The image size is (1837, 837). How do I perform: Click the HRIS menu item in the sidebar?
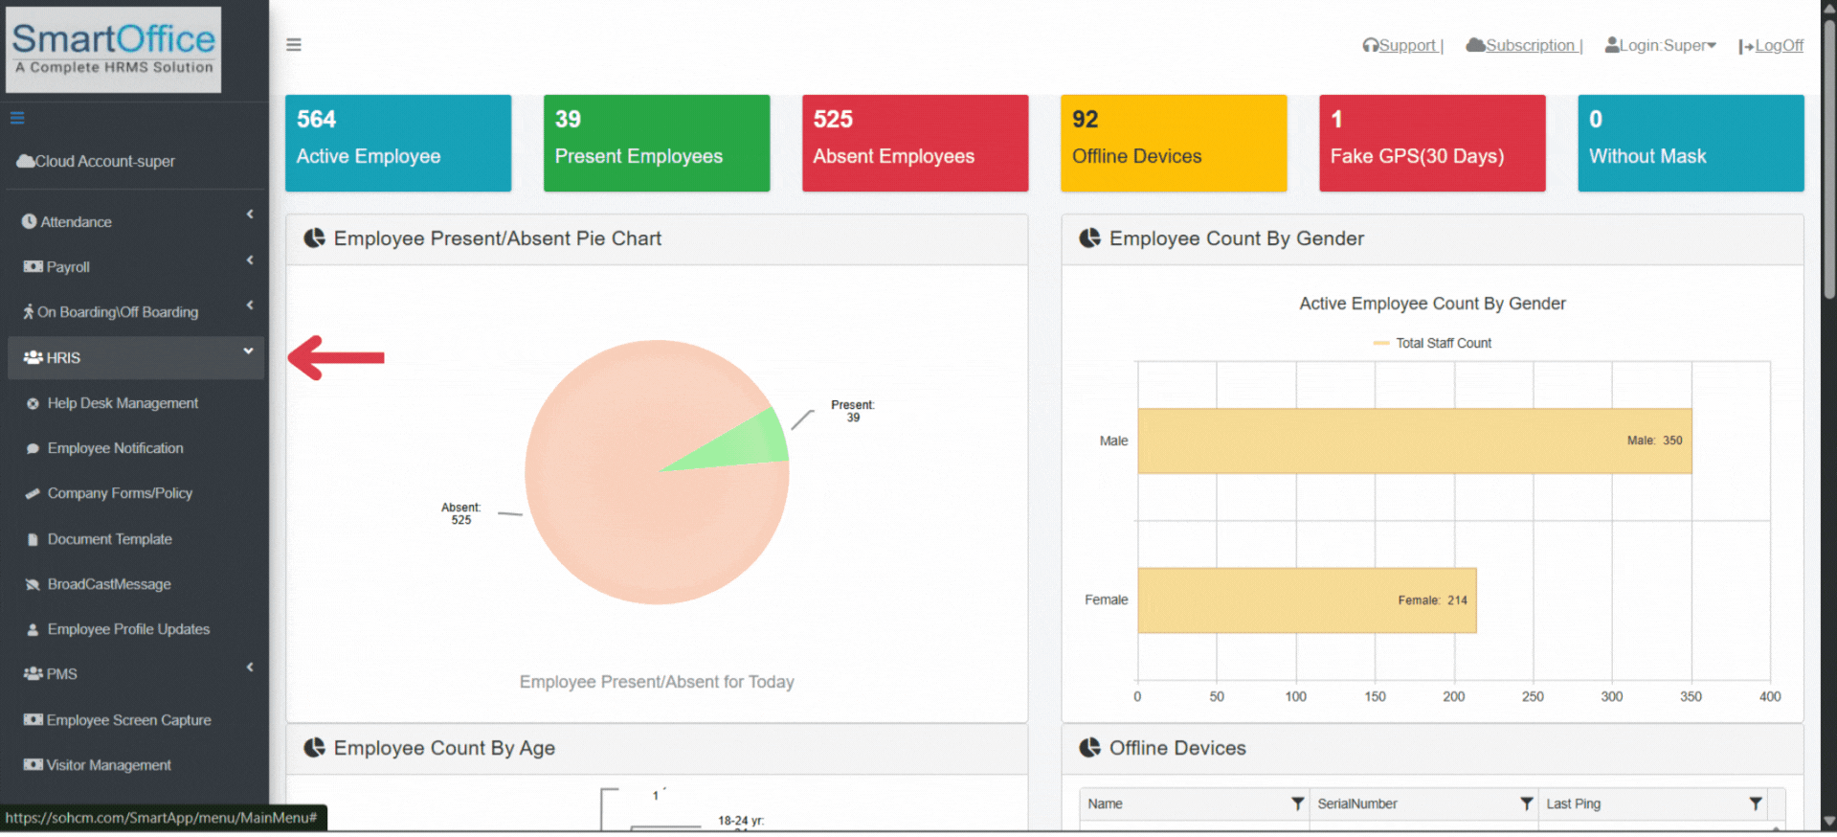click(63, 358)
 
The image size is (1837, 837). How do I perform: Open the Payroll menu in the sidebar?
click(68, 267)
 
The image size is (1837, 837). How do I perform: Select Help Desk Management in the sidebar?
click(123, 403)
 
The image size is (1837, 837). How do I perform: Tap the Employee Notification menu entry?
click(115, 448)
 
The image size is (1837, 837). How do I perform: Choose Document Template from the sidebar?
click(109, 539)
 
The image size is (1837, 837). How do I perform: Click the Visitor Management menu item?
click(108, 765)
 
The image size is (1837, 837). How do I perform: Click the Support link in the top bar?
click(1406, 45)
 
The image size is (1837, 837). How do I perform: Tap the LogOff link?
click(1778, 45)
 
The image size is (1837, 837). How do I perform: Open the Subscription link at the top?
click(1529, 45)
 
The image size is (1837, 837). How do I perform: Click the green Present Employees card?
click(657, 143)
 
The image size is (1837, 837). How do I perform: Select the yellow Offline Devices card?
click(1174, 143)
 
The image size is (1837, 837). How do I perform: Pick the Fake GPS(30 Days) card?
click(1432, 143)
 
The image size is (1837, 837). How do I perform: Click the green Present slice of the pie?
click(747, 444)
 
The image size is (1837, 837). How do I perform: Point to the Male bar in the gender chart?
click(1414, 441)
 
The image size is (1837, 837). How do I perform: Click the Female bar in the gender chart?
click(1307, 600)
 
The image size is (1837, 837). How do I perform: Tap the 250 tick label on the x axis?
click(1533, 697)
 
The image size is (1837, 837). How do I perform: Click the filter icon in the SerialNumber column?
click(1526, 804)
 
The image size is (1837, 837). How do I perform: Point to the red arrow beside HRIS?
click(336, 358)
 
